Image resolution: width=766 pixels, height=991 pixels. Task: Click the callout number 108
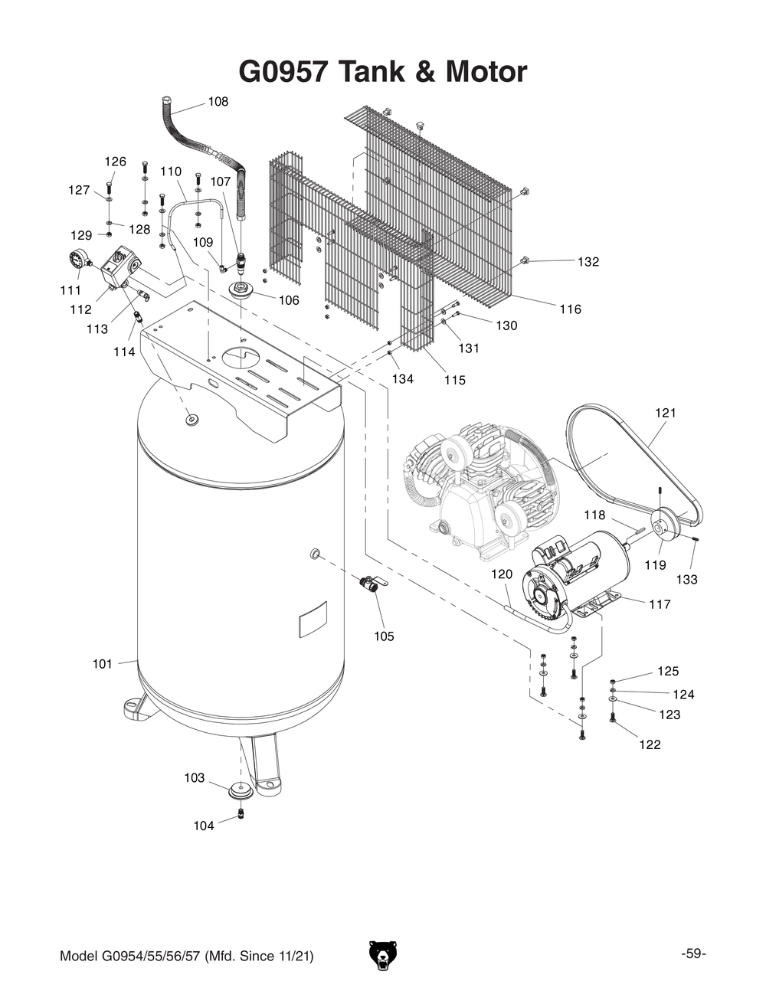pos(218,101)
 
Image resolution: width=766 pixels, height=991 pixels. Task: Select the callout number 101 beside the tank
pos(102,664)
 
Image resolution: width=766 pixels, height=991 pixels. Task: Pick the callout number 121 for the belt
pos(665,413)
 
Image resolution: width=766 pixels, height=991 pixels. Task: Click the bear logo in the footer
pos(382,955)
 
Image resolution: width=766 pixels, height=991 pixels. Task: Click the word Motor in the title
pos(486,71)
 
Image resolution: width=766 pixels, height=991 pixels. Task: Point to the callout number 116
pos(571,309)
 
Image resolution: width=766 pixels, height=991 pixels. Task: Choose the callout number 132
pos(588,262)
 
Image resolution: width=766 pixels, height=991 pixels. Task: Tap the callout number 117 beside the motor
pos(660,604)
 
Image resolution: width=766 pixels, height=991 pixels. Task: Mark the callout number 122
pos(650,744)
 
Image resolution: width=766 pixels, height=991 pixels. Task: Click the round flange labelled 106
pos(242,290)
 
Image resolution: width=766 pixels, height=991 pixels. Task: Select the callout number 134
pos(403,378)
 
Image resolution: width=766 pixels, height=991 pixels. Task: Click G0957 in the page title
pos(283,71)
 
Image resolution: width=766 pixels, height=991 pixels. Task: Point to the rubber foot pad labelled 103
pos(241,790)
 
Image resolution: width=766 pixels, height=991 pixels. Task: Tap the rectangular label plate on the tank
pos(313,620)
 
